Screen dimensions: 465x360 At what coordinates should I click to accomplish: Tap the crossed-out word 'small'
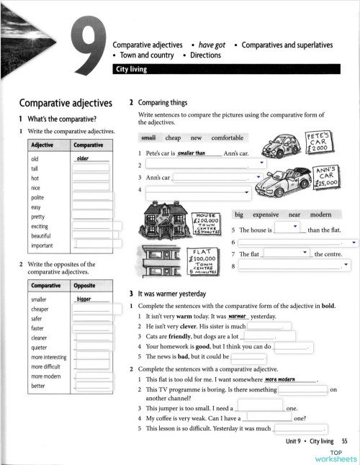click(x=148, y=137)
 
